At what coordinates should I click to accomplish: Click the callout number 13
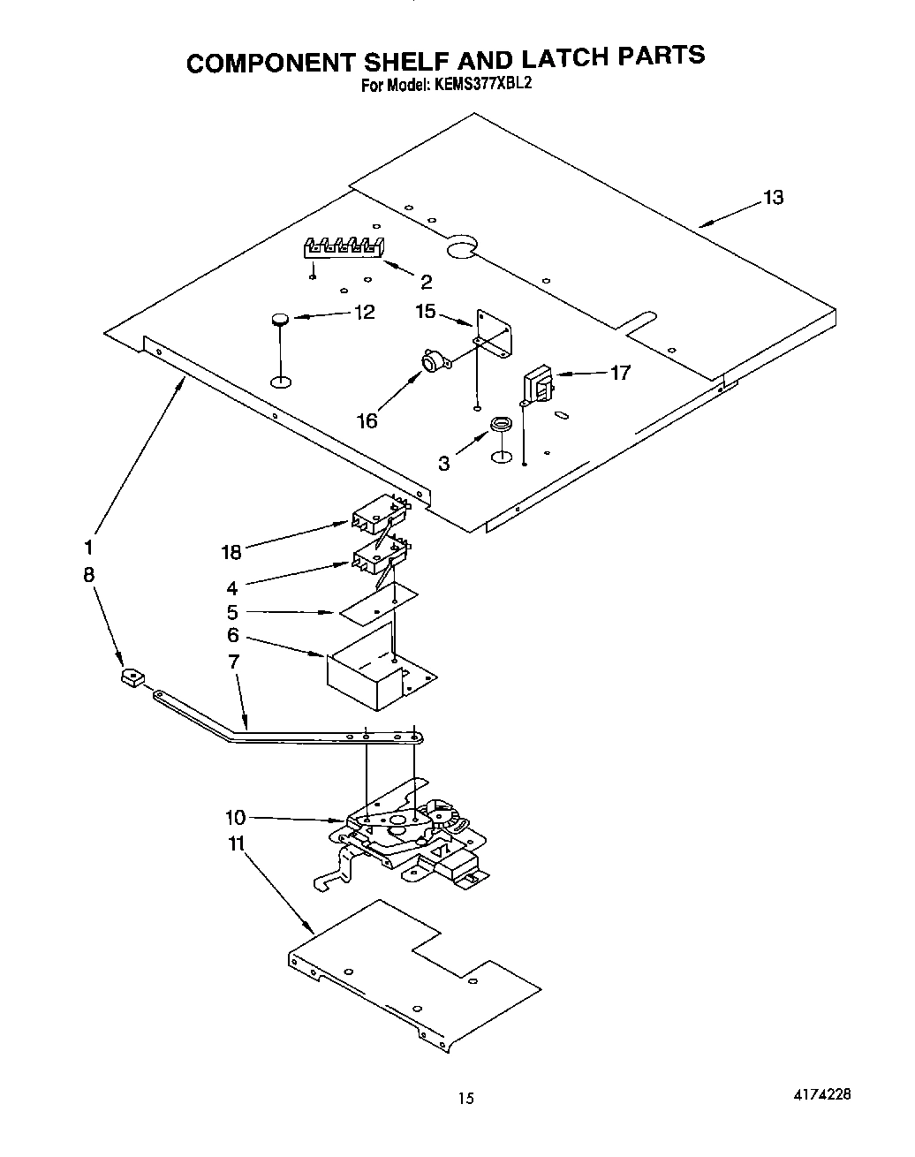[773, 198]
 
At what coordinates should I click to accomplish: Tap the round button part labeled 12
[280, 319]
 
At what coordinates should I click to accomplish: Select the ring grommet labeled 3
[502, 426]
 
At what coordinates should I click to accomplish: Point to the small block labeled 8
[132, 677]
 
